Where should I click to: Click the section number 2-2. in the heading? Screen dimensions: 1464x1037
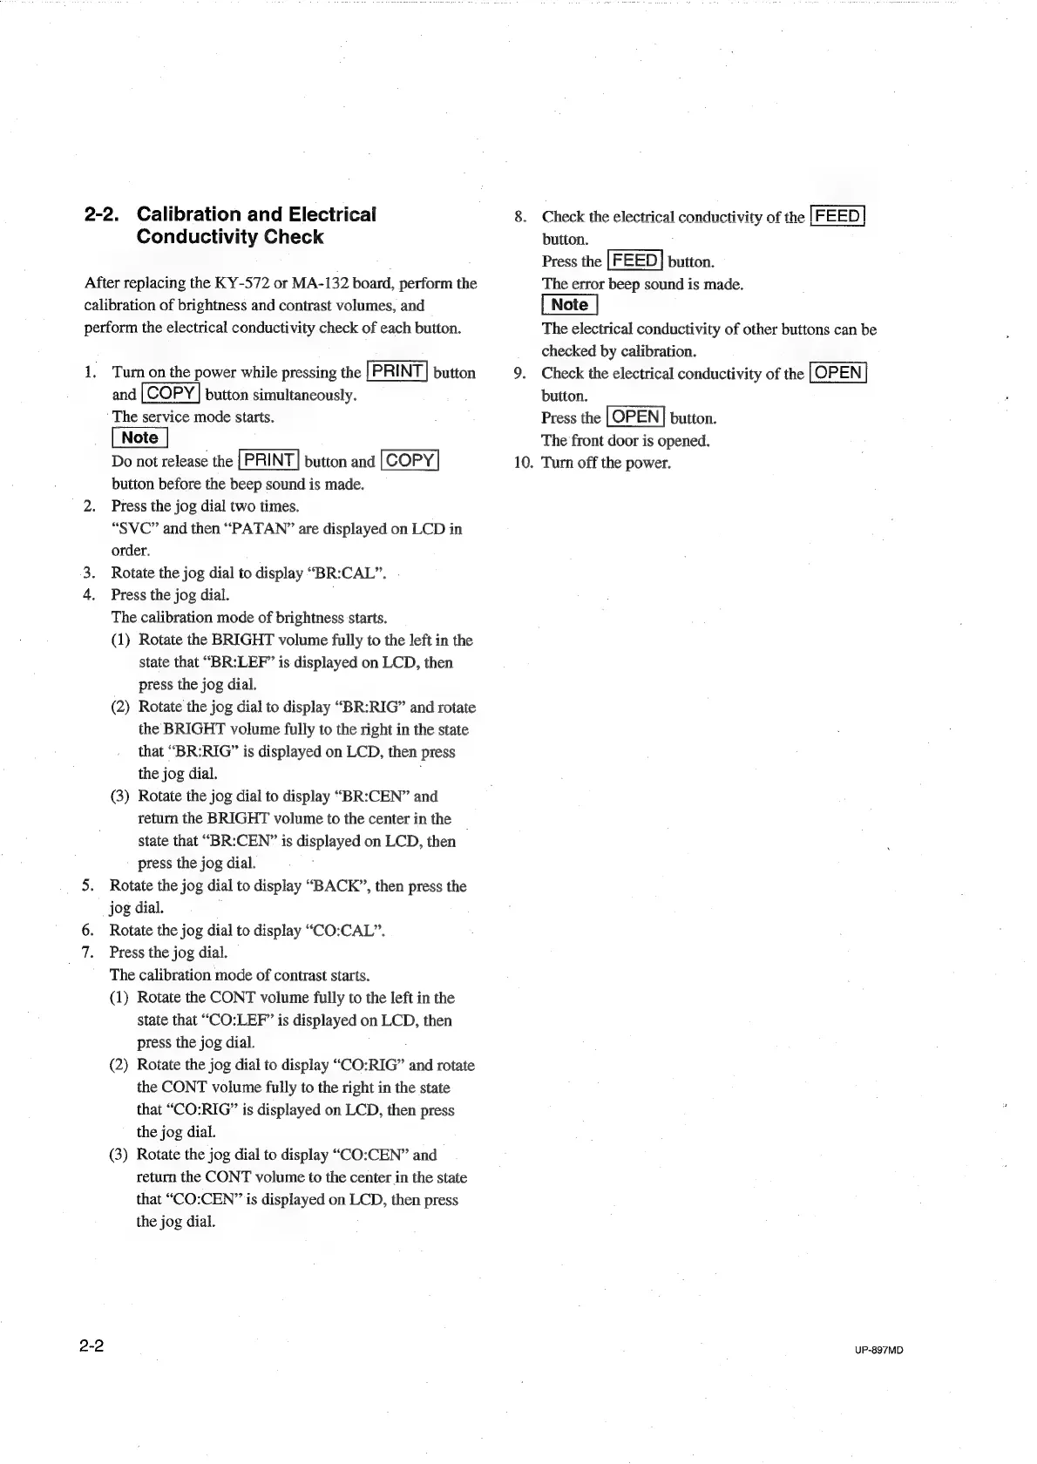pos(103,214)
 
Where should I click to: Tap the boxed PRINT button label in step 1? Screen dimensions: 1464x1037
pos(397,371)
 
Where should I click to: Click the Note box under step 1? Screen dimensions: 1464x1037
pos(139,437)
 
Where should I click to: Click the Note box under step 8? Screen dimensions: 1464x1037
pos(569,305)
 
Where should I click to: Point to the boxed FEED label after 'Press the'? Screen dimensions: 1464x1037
pos(635,261)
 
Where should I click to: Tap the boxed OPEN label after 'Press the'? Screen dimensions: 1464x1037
pos(636,417)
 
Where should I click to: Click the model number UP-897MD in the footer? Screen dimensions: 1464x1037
pos(878,1350)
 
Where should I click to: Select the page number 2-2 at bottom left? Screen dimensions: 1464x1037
pos(91,1346)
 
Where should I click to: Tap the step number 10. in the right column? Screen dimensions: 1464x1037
pos(522,463)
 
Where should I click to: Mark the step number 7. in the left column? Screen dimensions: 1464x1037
pos(88,952)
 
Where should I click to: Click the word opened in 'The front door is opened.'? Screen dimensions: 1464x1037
pos(683,440)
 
